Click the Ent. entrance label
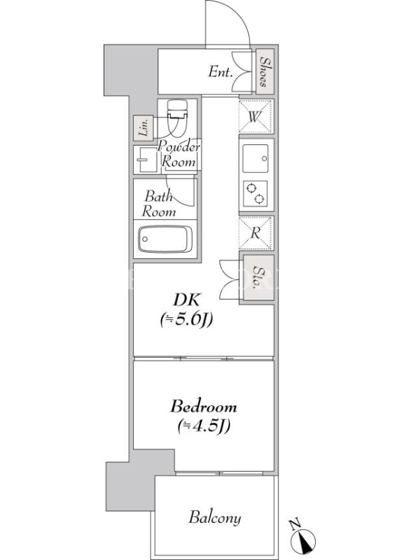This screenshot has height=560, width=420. point(220,73)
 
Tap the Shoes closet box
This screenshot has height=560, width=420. point(265,71)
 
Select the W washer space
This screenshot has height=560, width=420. point(255,117)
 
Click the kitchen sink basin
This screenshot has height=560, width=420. point(255,159)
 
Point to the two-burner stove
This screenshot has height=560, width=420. point(255,193)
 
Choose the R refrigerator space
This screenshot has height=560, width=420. point(255,233)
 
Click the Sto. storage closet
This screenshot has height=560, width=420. point(258,277)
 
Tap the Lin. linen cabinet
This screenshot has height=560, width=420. point(143,128)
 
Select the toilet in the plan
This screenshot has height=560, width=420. point(177,118)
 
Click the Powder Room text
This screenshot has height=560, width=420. point(179,154)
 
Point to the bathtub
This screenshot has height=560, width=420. point(165,239)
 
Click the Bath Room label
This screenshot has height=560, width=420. point(159,204)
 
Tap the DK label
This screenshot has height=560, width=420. point(187,300)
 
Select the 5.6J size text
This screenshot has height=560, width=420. point(186,320)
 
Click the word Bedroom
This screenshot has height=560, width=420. point(203,407)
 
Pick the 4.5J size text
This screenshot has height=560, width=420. point(204,426)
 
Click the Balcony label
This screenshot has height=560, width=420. point(215,518)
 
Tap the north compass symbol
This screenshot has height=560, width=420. point(302,536)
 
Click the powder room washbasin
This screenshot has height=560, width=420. point(146,160)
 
